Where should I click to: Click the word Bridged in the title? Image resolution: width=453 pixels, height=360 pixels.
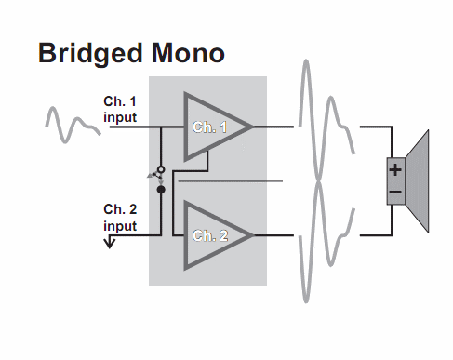(90, 54)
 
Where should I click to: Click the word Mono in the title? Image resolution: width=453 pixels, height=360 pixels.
(188, 53)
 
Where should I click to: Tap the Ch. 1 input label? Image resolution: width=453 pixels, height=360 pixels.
(120, 110)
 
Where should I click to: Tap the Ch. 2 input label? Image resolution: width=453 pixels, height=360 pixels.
(120, 218)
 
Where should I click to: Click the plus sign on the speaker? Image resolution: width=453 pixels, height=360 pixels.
(395, 170)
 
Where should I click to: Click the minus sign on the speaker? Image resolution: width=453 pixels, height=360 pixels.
(395, 193)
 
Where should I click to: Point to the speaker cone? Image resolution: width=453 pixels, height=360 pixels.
(417, 181)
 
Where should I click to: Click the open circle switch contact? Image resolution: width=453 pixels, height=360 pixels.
(161, 169)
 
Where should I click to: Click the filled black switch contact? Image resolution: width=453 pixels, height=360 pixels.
(161, 190)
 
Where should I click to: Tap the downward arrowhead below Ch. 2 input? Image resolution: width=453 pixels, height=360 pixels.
(110, 243)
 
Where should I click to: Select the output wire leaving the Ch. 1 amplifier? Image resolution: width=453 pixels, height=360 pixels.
(273, 127)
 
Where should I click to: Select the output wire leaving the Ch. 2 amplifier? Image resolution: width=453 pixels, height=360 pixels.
(273, 235)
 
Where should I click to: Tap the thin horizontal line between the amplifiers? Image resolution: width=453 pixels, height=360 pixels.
(230, 181)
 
